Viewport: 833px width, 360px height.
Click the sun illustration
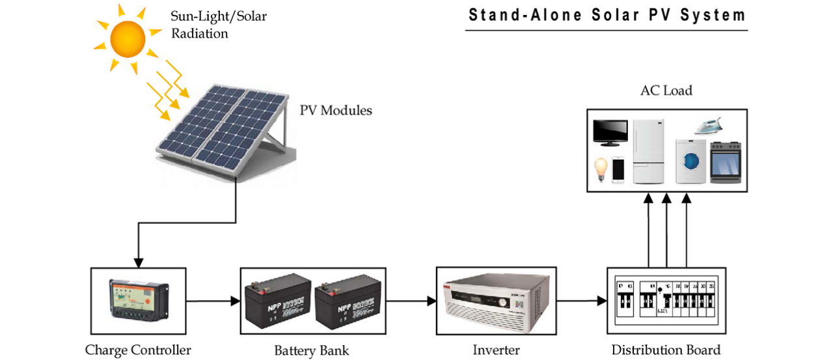127,38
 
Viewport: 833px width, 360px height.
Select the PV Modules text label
336,111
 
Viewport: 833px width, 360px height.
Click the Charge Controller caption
138,350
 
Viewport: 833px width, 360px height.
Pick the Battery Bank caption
311,351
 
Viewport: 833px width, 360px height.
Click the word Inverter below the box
496,350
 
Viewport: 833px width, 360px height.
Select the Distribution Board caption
666,350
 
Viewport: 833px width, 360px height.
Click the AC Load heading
666,90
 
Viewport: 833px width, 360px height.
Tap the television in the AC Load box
610,133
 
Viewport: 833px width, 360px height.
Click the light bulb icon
600,169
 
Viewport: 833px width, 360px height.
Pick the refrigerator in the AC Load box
648,151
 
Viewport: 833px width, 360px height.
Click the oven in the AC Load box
725,163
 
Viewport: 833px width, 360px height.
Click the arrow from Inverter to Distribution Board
582,301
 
